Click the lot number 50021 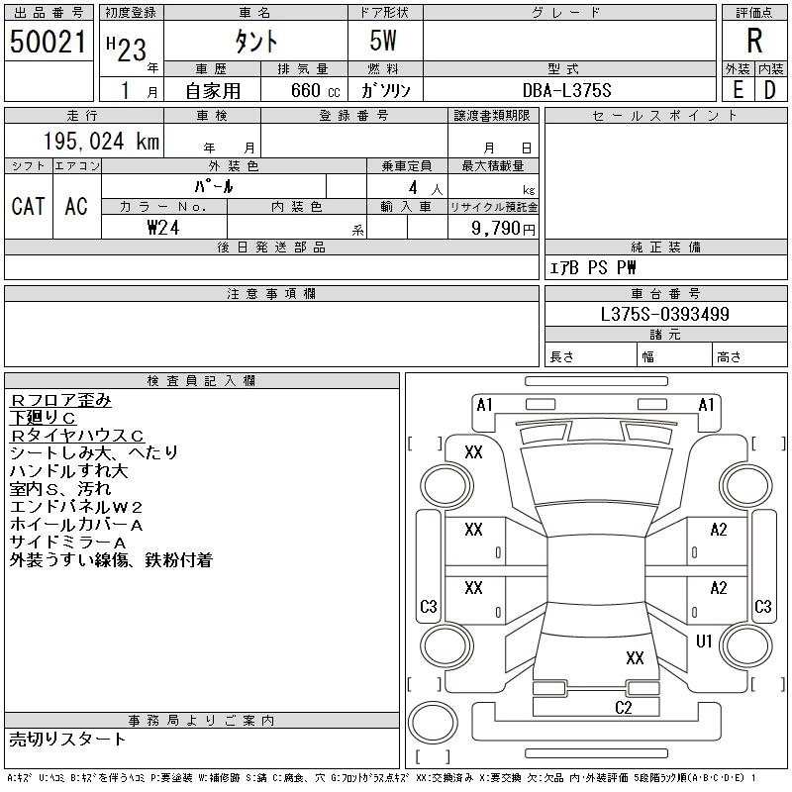[x=48, y=42]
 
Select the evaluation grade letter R [x=754, y=41]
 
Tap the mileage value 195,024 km [x=101, y=142]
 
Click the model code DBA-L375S [x=566, y=90]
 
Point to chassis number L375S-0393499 [x=664, y=314]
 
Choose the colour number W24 [x=163, y=228]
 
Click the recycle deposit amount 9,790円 [x=503, y=229]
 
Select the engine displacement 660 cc [x=316, y=90]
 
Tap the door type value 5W [x=383, y=41]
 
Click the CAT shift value [x=29, y=206]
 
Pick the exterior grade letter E [x=738, y=90]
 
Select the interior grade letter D [x=770, y=90]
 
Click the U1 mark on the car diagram [x=704, y=641]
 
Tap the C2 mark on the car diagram [x=624, y=708]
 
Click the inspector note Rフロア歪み [x=60, y=400]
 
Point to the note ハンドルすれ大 [x=68, y=471]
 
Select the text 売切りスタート [x=67, y=740]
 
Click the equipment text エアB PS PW [x=592, y=267]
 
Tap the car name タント [x=256, y=42]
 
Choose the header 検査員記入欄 [x=201, y=380]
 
